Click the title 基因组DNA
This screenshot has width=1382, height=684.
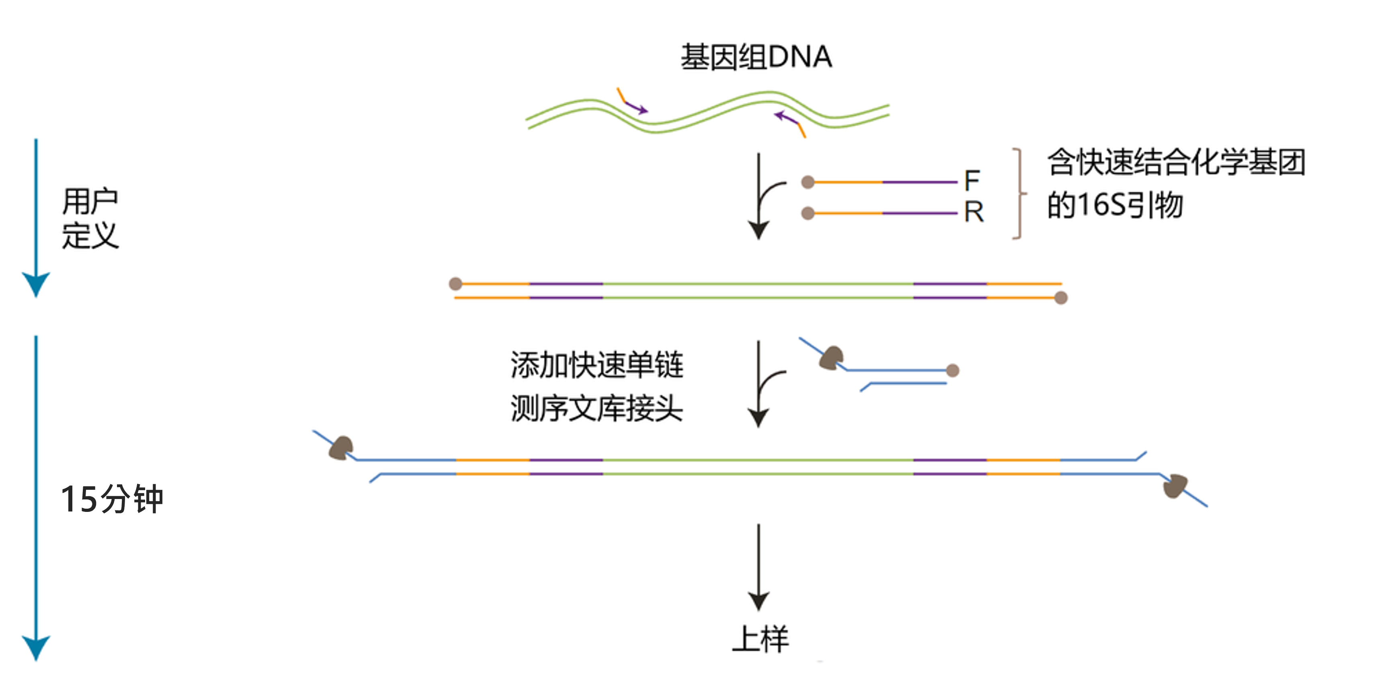[x=757, y=57]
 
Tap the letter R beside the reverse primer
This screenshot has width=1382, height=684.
[x=974, y=212]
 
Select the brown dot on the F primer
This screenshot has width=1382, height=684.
[x=808, y=183]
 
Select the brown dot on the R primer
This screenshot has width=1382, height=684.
[x=808, y=214]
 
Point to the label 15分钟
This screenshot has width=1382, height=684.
[x=112, y=499]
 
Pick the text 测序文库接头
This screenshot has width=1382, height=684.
[x=597, y=409]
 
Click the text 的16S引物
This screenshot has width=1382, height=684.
[x=1115, y=205]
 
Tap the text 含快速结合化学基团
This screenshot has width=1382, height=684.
[x=1176, y=162]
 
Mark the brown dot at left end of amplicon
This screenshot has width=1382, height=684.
[x=455, y=284]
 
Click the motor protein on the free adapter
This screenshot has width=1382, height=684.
[x=832, y=358]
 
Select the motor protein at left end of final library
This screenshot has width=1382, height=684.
[x=341, y=448]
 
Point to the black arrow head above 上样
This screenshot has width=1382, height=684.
[x=759, y=601]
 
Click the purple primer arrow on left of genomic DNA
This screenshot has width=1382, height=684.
[x=636, y=107]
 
